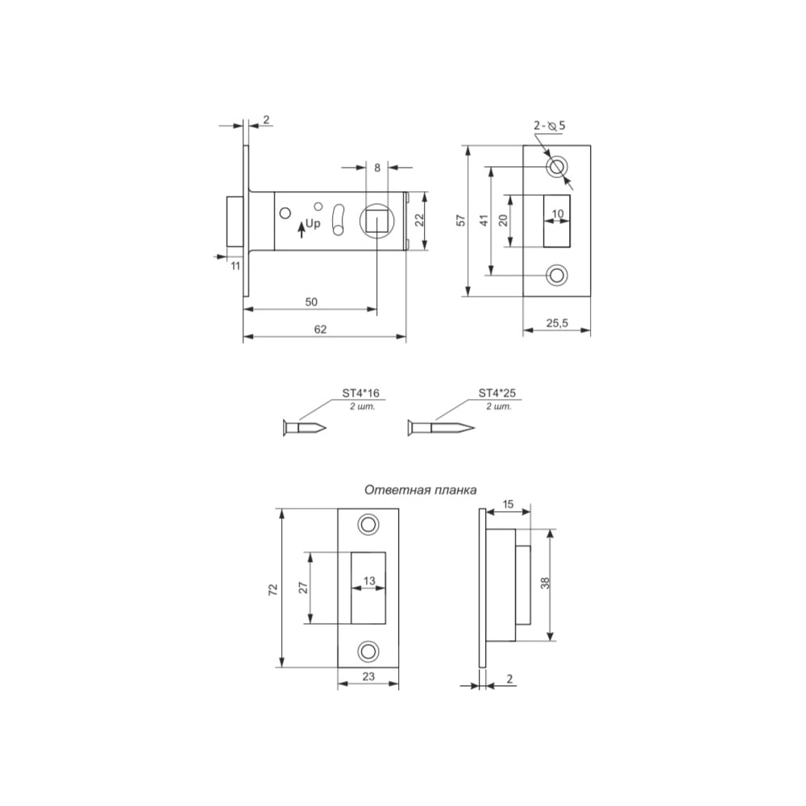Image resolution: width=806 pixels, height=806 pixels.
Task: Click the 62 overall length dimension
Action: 320,330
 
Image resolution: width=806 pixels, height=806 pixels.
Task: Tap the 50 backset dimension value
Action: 311,301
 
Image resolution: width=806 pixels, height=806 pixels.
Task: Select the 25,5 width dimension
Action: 557,323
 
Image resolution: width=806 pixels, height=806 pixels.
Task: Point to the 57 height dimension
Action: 461,220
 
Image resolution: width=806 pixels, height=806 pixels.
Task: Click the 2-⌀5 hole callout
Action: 550,126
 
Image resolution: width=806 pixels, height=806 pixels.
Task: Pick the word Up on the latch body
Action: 313,223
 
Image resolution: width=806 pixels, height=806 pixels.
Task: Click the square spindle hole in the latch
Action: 376,222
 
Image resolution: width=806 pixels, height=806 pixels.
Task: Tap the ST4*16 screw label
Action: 361,393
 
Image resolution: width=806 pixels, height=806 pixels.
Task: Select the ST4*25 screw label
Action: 497,393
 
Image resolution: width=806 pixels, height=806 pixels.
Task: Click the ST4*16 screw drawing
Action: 305,428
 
